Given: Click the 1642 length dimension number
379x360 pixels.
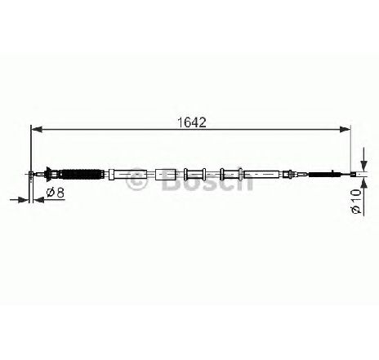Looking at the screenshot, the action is pyautogui.click(x=191, y=122).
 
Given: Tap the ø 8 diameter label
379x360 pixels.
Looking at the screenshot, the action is pyautogui.click(x=55, y=193).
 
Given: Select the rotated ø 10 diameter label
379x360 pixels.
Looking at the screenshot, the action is pyautogui.click(x=356, y=201).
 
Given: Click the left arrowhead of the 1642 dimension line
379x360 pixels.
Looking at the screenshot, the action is pyautogui.click(x=38, y=130).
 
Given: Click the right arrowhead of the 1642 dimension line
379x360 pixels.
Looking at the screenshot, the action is pyautogui.click(x=345, y=130).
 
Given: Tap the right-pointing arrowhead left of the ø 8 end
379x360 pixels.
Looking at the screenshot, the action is pyautogui.click(x=23, y=200).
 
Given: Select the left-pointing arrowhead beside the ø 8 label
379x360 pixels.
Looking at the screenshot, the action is pyautogui.click(x=38, y=200).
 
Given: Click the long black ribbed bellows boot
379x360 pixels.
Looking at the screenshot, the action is pyautogui.click(x=82, y=174).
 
